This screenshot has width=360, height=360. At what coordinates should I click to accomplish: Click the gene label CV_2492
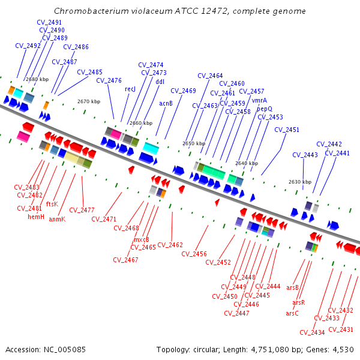pos(28,46)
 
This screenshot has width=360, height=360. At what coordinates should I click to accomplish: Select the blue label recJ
pos(130,89)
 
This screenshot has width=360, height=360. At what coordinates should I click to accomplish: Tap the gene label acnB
pos(166,103)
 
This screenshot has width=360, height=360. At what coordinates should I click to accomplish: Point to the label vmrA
pos(259,100)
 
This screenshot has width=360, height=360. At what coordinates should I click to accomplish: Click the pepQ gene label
pos(265,109)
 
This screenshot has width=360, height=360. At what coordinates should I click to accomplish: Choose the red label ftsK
pos(52,204)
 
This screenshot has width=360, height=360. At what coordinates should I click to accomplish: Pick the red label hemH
pos(37,217)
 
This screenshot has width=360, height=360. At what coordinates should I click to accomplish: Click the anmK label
pos(56,219)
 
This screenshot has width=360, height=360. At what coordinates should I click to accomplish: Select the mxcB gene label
pos(142,239)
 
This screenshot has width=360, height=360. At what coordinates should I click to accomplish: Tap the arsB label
pos(292,288)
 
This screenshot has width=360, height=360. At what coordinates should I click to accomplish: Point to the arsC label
pos(292,313)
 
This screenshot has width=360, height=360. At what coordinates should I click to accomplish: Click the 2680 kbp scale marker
pos(37,79)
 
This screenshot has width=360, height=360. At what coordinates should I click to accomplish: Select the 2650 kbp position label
pos(194,144)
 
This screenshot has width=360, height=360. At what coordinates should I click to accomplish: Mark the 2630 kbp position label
pos(299,182)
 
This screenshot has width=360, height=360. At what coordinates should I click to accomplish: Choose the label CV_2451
pos(287,130)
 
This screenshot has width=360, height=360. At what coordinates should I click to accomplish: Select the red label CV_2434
pos(312,332)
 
